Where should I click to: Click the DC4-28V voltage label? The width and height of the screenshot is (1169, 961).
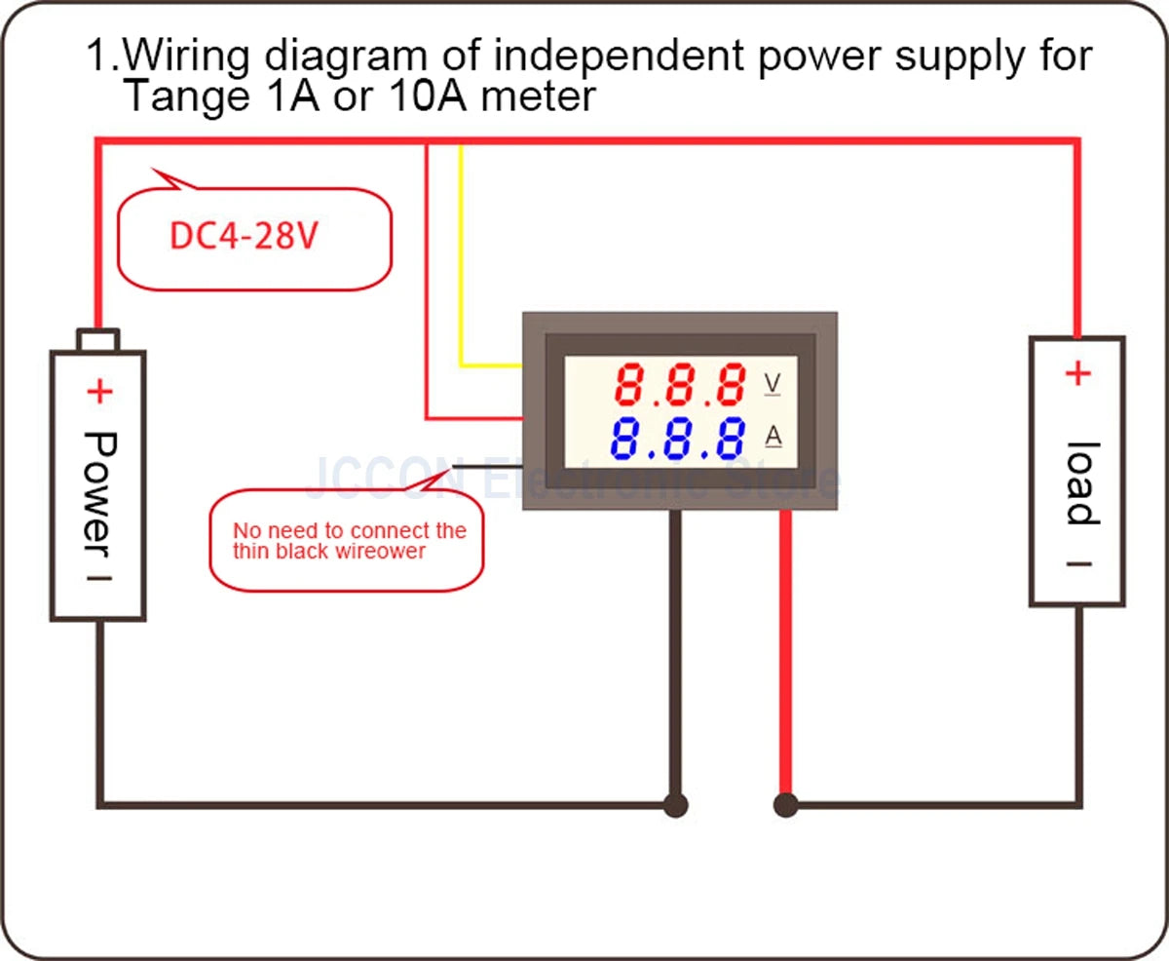click(x=244, y=237)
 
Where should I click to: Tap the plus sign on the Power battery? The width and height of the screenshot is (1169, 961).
click(x=99, y=392)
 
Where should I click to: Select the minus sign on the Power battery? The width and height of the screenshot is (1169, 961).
click(x=99, y=577)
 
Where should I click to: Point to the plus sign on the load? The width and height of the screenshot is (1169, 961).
click(x=1077, y=373)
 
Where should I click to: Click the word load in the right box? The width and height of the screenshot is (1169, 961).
click(x=1080, y=483)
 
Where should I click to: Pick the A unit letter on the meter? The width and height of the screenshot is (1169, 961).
click(x=773, y=437)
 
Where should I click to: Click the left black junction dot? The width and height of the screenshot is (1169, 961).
click(x=675, y=805)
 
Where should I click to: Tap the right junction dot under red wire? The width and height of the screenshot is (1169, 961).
click(x=785, y=805)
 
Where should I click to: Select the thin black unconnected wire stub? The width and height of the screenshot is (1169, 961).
click(x=487, y=466)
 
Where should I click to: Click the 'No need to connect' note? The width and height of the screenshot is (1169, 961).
click(x=348, y=542)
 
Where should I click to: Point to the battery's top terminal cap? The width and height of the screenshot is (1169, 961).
click(x=98, y=340)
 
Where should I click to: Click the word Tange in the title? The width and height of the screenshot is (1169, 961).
click(x=180, y=97)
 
